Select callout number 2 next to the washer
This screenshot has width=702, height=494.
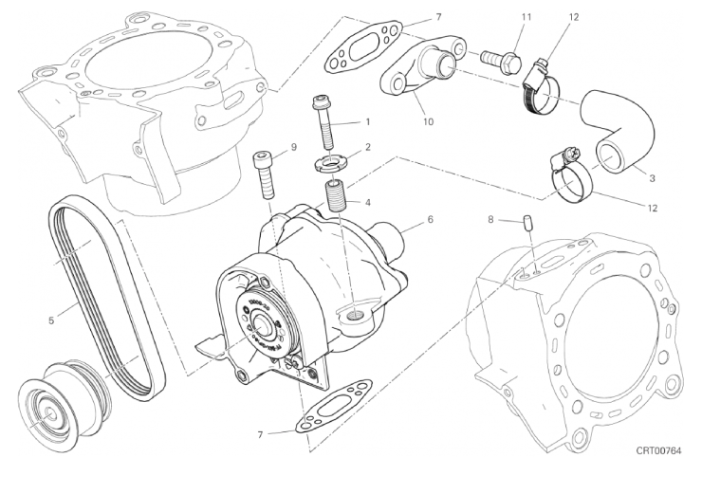click(x=368, y=147)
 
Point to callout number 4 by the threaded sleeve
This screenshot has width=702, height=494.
click(x=368, y=201)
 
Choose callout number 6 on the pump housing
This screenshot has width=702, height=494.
click(x=430, y=220)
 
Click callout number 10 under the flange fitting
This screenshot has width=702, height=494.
click(x=428, y=121)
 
